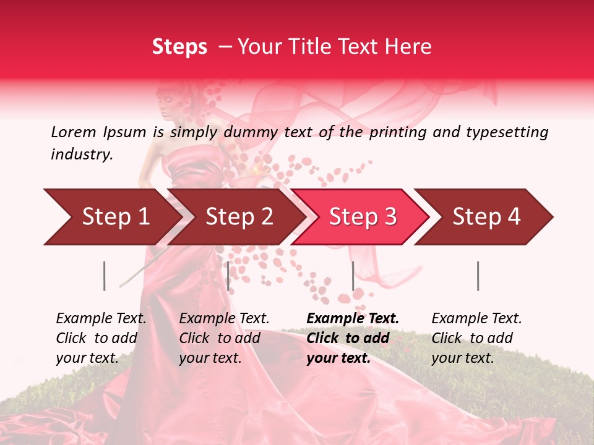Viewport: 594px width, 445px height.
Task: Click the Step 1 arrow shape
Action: [111, 217]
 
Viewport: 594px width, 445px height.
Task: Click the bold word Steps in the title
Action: [179, 47]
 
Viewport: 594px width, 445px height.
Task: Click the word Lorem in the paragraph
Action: [74, 132]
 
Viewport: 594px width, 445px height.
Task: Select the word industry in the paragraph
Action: [81, 155]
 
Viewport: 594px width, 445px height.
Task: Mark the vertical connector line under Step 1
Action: [105, 276]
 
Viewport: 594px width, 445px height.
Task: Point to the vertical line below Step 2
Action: [228, 276]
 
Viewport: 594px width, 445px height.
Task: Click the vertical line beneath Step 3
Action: [353, 276]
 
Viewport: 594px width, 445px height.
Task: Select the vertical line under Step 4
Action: [478, 276]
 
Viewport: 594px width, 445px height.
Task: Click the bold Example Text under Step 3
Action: [353, 319]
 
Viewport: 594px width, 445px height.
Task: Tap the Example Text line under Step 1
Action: [101, 319]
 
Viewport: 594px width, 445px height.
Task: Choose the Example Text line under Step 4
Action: [476, 319]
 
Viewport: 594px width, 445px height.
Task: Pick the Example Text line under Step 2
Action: [224, 319]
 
